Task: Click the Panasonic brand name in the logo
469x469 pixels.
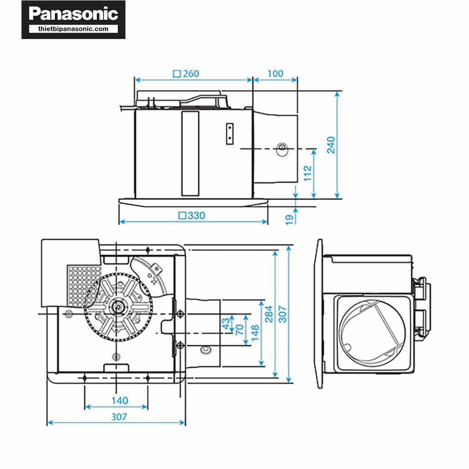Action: (73, 14)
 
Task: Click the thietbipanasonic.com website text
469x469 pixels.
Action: (73, 29)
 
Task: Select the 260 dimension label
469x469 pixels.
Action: (191, 73)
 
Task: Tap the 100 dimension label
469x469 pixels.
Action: (275, 73)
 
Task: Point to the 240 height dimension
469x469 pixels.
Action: (331, 145)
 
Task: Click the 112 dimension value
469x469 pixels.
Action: (308, 173)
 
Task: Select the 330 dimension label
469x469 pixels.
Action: (196, 215)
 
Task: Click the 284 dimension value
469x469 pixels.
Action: (269, 314)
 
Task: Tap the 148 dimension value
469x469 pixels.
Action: (255, 333)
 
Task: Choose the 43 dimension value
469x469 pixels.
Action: (226, 324)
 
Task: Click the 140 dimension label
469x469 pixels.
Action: (120, 400)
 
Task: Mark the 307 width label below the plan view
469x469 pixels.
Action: (119, 417)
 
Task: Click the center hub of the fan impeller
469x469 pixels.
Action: (117, 307)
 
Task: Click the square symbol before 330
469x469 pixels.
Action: (182, 215)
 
